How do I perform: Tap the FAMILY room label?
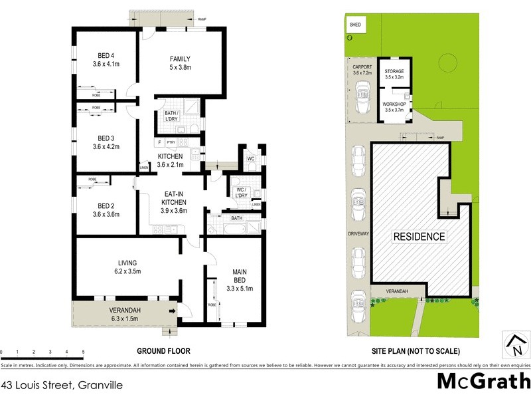tap(180, 58)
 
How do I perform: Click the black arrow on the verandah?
tap(173, 311)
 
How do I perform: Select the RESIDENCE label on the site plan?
tap(419, 236)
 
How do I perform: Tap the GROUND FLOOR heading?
tap(163, 350)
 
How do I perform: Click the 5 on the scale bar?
tap(83, 351)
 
